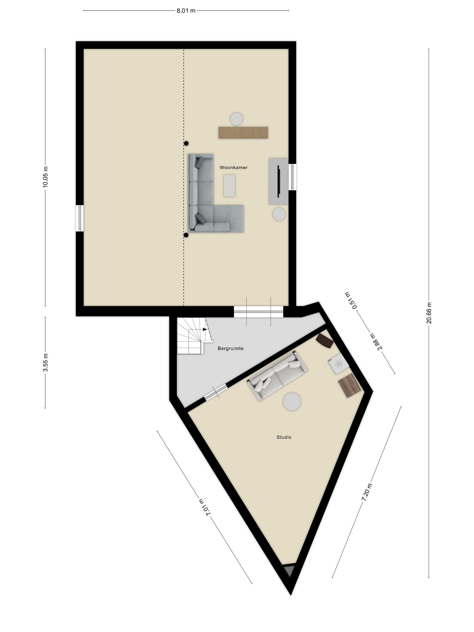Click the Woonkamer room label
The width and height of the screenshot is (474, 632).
click(233, 167)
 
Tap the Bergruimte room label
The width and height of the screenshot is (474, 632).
click(230, 348)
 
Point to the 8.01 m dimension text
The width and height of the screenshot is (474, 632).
click(186, 11)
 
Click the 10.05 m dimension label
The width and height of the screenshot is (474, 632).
click(45, 177)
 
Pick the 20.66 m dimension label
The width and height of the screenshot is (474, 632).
click(429, 313)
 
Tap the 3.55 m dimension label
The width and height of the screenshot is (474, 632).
click(45, 362)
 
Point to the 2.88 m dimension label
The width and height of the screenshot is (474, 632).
click(376, 342)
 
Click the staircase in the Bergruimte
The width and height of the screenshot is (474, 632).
click(194, 335)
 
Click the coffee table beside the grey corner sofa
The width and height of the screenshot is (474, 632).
click(229, 186)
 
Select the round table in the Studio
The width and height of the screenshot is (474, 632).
click(292, 401)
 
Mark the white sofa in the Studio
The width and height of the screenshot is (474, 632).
click(277, 376)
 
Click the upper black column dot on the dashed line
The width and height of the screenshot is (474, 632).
click(186, 143)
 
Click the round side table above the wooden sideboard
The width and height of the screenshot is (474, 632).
click(237, 118)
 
